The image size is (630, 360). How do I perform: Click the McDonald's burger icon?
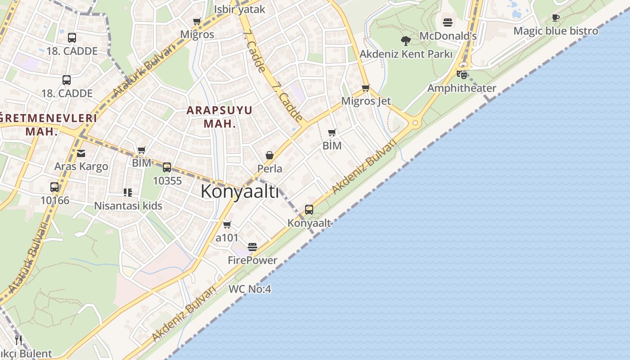pyautogui.click(x=447, y=22)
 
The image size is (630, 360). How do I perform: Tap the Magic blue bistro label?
pyautogui.click(x=556, y=31)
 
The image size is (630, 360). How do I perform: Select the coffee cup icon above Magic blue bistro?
pyautogui.click(x=556, y=18)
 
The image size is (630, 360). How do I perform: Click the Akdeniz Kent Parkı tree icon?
pyautogui.click(x=405, y=41)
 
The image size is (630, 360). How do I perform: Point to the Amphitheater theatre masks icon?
pyautogui.click(x=462, y=75)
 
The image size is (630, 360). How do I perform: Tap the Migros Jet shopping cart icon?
pyautogui.click(x=366, y=88)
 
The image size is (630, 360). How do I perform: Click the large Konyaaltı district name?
pyautogui.click(x=239, y=191)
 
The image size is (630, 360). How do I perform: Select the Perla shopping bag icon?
pyautogui.click(x=270, y=155)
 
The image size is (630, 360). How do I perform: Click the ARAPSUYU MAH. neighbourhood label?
pyautogui.click(x=220, y=117)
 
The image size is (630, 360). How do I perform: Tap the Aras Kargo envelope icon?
pyautogui.click(x=81, y=153)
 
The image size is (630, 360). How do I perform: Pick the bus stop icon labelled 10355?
pyautogui.click(x=167, y=167)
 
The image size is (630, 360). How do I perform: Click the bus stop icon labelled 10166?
pyautogui.click(x=54, y=187)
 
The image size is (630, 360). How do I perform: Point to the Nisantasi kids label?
pyautogui.click(x=128, y=206)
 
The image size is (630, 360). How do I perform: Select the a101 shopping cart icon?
pyautogui.click(x=227, y=224)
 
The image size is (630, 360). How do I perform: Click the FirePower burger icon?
pyautogui.click(x=252, y=247)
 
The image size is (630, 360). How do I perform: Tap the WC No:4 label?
pyautogui.click(x=250, y=289)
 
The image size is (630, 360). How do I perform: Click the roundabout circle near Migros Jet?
pyautogui.click(x=415, y=122)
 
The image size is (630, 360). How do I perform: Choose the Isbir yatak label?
pyautogui.click(x=239, y=9)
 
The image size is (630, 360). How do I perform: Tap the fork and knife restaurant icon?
pyautogui.click(x=18, y=340)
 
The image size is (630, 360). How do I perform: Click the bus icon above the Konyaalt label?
pyautogui.click(x=309, y=209)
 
